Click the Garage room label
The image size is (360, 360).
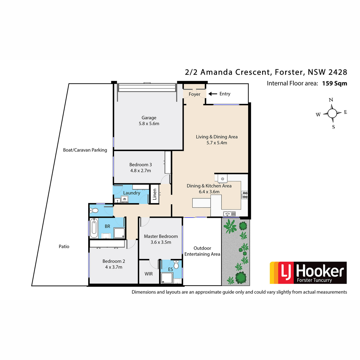coord(149,118)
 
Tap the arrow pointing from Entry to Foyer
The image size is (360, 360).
coord(213,94)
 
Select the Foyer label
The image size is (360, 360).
coord(194,94)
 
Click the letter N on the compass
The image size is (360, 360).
coord(331,100)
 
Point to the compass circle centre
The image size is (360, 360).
coord(332,113)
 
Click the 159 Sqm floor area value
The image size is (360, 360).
coord(334,83)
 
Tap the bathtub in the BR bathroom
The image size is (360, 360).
coord(94,228)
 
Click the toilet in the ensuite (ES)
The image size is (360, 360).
coord(176,265)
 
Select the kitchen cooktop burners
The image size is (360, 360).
coord(244,195)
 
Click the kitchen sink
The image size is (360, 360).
coord(229,214)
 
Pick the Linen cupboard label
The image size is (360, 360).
coord(154,194)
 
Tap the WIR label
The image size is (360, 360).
coord(148,274)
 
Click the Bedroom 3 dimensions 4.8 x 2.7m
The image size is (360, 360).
coord(140,171)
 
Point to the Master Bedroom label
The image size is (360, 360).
coord(161,236)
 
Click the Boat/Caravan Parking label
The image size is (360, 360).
coord(85,150)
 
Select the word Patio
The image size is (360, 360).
coord(64,247)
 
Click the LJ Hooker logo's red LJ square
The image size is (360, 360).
coord(286,273)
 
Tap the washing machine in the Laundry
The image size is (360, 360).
coord(124,199)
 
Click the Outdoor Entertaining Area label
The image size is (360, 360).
coord(202,251)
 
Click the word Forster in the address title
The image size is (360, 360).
coord(289,72)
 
